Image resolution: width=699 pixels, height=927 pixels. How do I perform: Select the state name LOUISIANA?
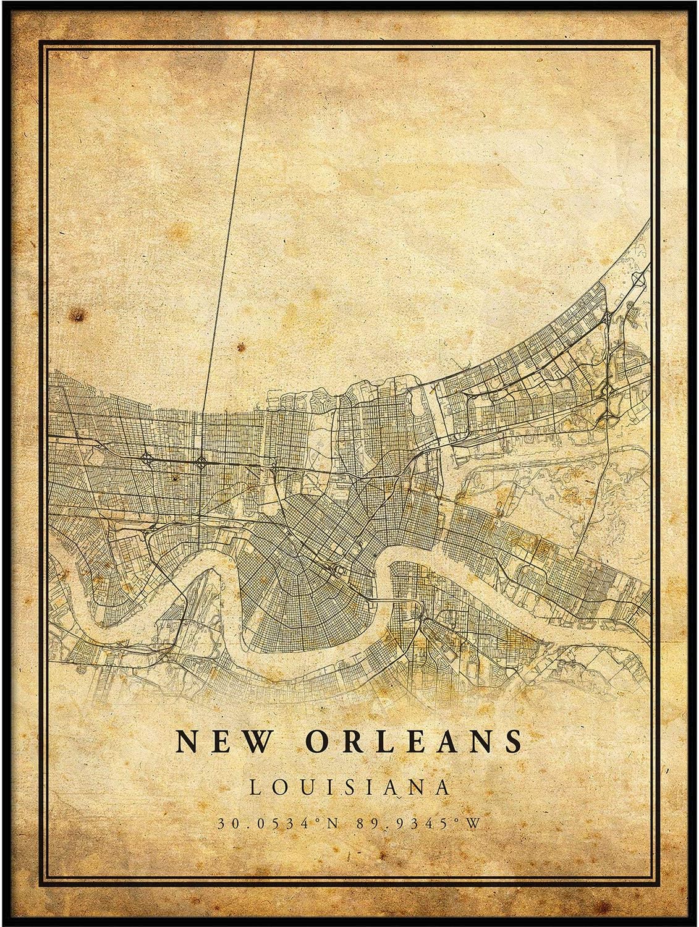pyautogui.click(x=349, y=787)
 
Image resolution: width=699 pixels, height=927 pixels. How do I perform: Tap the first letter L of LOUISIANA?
pyautogui.click(x=254, y=787)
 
